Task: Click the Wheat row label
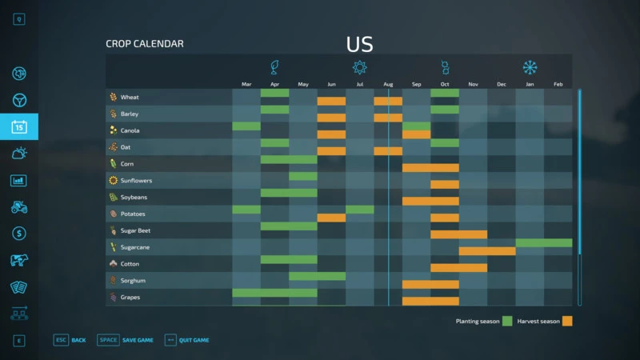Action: tap(129, 98)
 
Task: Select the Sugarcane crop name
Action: tap(135, 247)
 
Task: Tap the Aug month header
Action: tap(388, 84)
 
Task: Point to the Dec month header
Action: tap(502, 84)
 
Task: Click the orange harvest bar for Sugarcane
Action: tap(487, 251)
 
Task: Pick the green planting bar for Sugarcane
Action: tap(544, 242)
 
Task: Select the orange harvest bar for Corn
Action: tap(430, 168)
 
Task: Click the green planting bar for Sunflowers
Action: tap(303, 176)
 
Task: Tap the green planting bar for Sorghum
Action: tap(318, 276)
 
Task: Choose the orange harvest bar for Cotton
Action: tap(458, 268)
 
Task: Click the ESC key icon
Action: tap(61, 340)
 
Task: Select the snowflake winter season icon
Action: tap(530, 67)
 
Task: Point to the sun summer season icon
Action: tap(360, 67)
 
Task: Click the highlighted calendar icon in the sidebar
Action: tap(19, 126)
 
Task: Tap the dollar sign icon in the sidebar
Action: tap(19, 234)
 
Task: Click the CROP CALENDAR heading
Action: tap(145, 44)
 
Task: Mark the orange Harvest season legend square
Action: tap(567, 321)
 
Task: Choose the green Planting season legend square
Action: tap(507, 321)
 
